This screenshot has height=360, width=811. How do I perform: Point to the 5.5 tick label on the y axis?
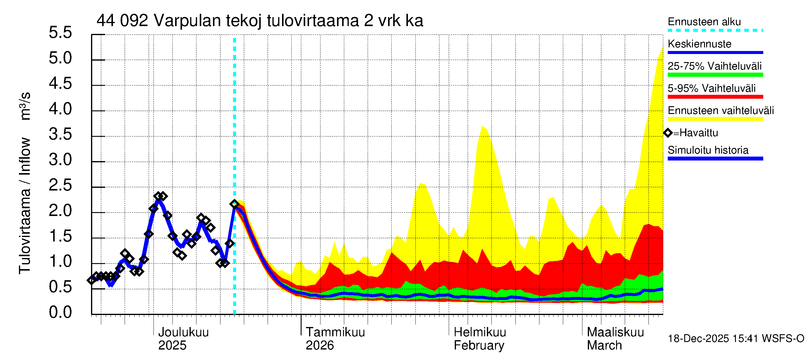(60, 32)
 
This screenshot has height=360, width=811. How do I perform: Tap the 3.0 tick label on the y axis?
(60, 160)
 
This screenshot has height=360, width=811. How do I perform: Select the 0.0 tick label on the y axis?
(60, 312)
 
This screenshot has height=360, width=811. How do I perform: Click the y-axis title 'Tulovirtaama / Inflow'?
(25, 206)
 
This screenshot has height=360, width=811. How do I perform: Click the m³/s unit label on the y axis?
(25, 106)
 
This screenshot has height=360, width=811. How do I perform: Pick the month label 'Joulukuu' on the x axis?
(183, 332)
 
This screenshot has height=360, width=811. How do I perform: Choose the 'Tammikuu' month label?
(335, 332)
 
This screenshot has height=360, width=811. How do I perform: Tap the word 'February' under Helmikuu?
(479, 345)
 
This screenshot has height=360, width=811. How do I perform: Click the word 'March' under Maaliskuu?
(604, 345)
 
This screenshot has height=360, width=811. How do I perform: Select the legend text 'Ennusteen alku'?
(704, 22)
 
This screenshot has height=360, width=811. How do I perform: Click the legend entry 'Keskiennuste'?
(699, 44)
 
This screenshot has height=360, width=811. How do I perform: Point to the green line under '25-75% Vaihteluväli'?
(715, 75)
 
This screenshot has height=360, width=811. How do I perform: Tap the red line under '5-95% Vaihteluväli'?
(715, 97)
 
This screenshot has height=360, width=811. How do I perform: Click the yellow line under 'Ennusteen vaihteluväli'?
(715, 119)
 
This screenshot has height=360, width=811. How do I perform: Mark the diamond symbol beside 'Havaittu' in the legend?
(668, 133)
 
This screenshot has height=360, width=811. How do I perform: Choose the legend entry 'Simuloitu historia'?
(708, 150)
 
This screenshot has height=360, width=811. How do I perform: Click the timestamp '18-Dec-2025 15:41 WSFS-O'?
(736, 339)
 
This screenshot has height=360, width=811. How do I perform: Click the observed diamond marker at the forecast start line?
(234, 204)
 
